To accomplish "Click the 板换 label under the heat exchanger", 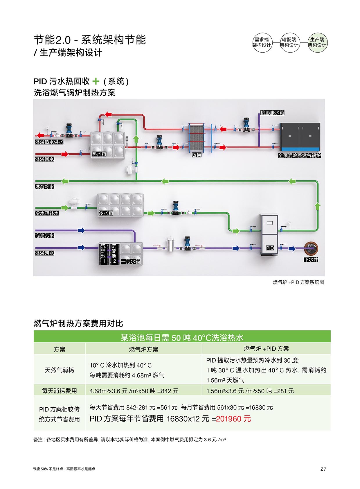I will click(196, 155).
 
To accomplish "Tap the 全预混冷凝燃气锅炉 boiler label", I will click(299, 155).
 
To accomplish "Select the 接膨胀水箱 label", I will click(272, 113).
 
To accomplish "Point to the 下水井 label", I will click(311, 259).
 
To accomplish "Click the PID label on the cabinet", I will click(270, 248).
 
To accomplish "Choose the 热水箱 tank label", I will click(99, 154).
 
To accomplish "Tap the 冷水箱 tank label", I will click(106, 213).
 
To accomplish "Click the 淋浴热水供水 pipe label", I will click(49, 142).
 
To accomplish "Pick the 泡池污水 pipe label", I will click(44, 235).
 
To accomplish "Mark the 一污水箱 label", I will click(130, 261).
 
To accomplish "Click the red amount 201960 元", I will click(233, 419).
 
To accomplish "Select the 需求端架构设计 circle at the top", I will click(262, 42).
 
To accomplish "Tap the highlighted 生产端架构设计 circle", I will click(317, 42).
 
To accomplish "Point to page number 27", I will click(323, 469).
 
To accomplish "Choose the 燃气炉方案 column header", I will click(143, 349).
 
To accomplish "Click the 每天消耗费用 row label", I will click(59, 391).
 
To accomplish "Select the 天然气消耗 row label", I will click(59, 370).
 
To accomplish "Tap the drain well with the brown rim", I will click(311, 248).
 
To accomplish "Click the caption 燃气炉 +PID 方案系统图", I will click(298, 282).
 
